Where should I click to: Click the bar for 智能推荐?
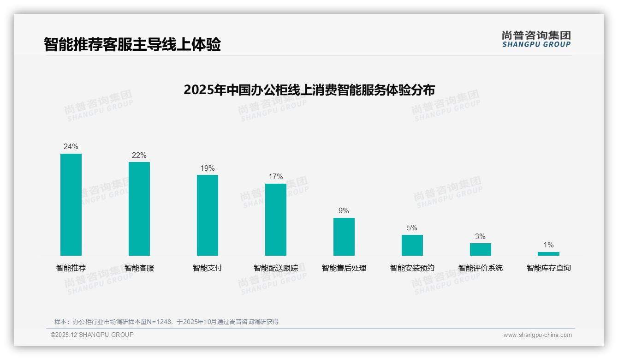[71, 204]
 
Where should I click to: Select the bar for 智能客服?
[139, 209]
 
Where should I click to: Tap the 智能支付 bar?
[208, 215]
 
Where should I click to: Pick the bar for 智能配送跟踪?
[276, 220]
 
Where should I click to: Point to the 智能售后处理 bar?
[344, 237]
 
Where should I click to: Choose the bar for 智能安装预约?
[412, 245]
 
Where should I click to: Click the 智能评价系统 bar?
[481, 249]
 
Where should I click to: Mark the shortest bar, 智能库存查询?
[548, 254]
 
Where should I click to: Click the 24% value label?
[71, 147]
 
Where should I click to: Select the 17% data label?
[276, 177]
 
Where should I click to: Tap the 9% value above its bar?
[344, 211]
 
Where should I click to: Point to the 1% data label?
[548, 245]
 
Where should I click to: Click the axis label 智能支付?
[208, 268]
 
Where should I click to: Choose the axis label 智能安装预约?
[412, 268]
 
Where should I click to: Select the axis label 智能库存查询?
[548, 268]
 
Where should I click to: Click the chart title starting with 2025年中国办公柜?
[309, 90]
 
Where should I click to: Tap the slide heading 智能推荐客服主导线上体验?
[132, 44]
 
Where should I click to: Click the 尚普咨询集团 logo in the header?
[536, 39]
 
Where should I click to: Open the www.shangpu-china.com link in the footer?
[537, 335]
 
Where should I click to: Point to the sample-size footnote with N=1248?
[166, 322]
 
